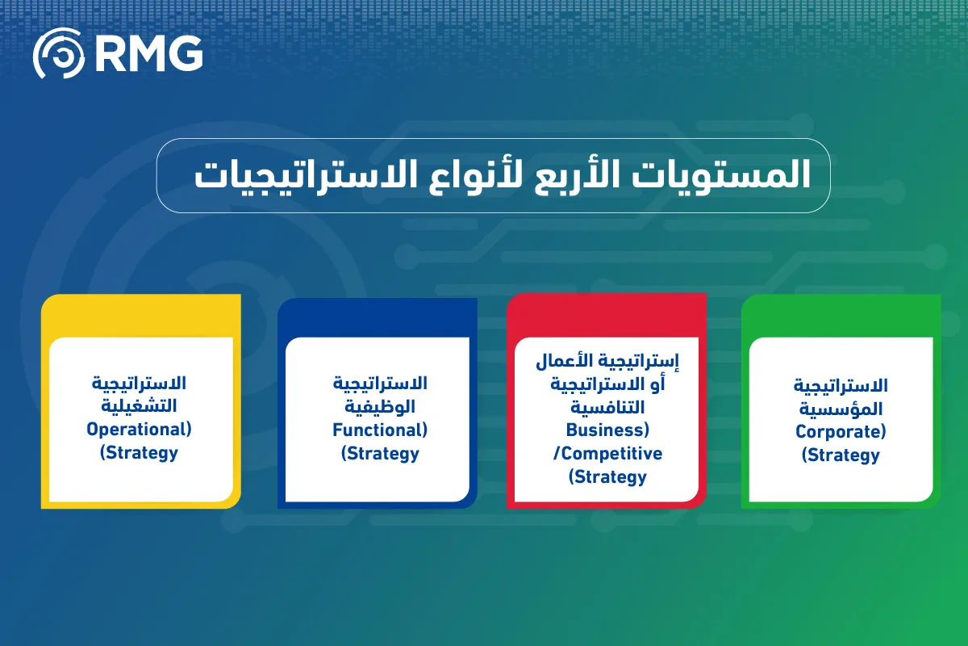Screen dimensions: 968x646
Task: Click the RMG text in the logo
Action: coord(149,53)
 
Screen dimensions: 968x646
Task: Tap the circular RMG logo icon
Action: coord(59,53)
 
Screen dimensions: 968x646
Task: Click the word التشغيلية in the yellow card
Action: coord(139,406)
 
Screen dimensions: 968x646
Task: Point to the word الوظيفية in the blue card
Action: coord(380,407)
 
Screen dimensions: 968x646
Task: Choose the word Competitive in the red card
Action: coord(611,454)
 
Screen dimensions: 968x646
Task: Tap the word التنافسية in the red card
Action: coord(607,408)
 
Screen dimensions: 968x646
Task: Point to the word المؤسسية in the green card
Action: coord(841,409)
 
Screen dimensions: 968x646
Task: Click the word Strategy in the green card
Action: coord(844,455)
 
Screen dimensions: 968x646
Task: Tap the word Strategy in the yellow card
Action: coord(142,453)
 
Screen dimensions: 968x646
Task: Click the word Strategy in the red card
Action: coord(611,476)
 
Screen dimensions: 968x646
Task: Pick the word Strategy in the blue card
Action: coord(383,454)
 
